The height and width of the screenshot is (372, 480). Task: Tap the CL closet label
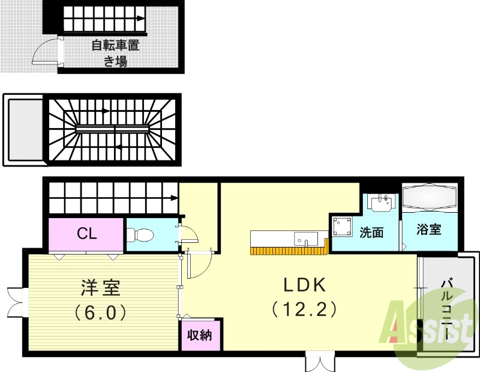pos(87,234)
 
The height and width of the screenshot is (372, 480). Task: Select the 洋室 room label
pos(101,288)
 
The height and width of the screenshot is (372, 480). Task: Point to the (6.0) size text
pos(101,313)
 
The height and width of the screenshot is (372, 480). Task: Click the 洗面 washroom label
pos(371,232)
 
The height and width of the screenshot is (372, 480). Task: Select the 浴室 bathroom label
pos(429,230)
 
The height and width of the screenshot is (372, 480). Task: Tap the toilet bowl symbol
pos(142,234)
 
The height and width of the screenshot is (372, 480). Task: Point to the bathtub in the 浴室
pos(430,198)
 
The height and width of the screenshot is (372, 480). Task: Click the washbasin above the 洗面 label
pos(381,203)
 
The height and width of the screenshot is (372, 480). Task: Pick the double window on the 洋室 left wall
pos(14,302)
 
